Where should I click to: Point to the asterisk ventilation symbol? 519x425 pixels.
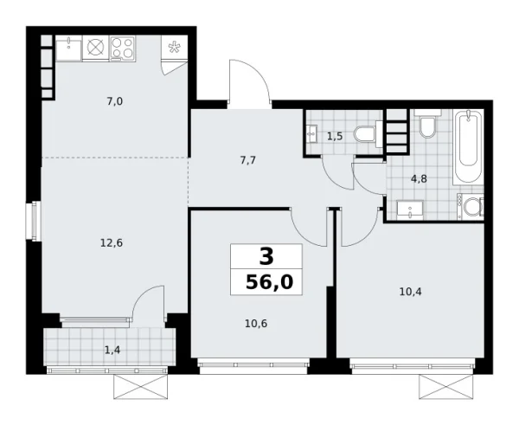click(176, 48)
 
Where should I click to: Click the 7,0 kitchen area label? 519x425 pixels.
click(114, 101)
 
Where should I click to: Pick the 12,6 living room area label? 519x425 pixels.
click(112, 242)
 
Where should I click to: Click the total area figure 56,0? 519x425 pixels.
click(266, 283)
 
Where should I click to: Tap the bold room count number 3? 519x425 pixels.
click(266, 256)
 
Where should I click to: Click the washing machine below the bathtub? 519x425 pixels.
click(472, 208)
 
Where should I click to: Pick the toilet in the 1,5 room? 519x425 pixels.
click(368, 133)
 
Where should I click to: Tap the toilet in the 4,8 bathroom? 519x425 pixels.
click(427, 126)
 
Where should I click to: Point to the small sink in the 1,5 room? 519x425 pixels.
click(311, 134)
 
